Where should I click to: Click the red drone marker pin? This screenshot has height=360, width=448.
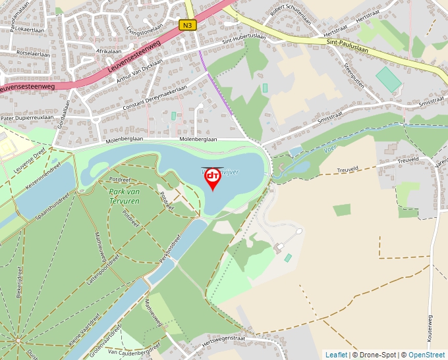[x=212, y=178]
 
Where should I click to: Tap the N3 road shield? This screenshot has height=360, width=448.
[x=188, y=25]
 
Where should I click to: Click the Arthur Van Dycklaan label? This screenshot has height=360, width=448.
[x=139, y=72]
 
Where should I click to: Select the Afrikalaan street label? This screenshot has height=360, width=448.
[x=109, y=51]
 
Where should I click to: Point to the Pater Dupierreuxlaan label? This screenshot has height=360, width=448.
[x=26, y=117]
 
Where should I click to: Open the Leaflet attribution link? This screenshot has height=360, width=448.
[x=336, y=355]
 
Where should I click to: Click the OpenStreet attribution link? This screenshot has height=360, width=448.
[x=426, y=355]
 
